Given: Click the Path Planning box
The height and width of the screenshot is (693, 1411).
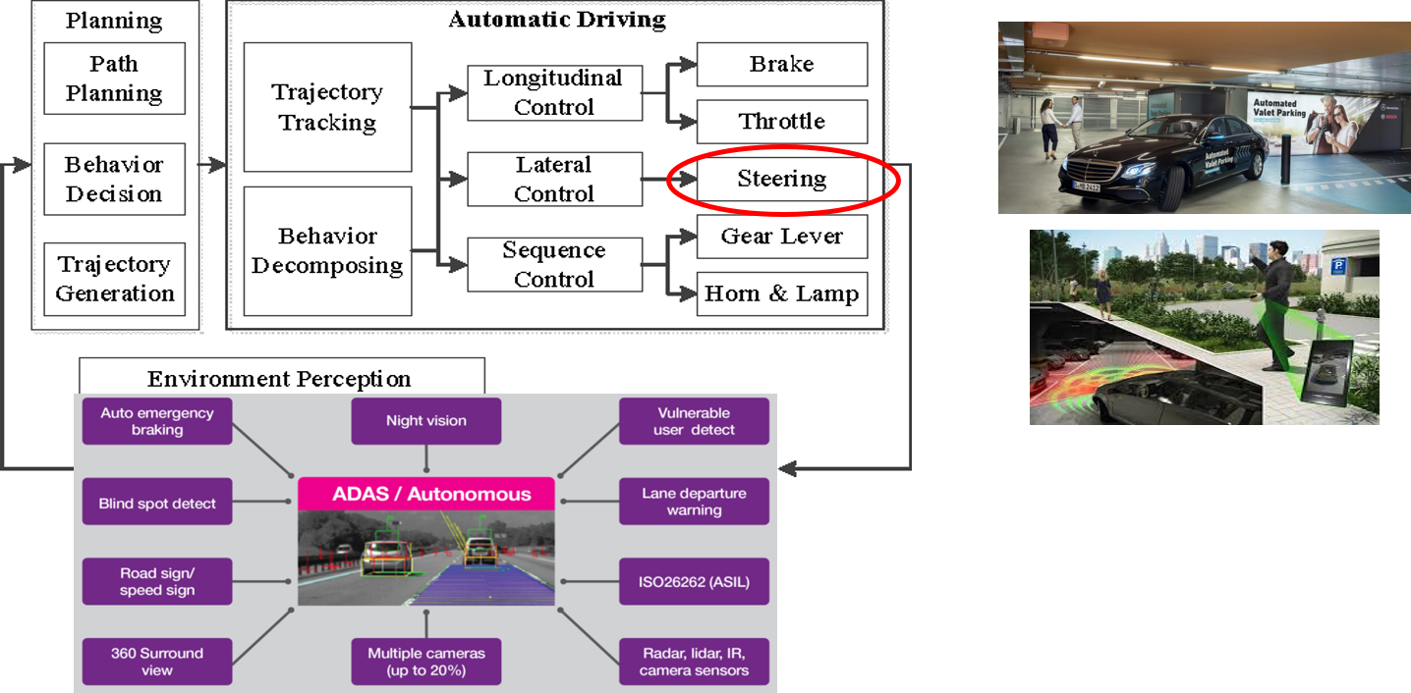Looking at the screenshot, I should coord(114,79).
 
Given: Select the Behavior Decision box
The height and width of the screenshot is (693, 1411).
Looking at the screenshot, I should coord(114,179).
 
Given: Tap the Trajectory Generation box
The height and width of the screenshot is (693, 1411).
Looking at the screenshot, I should coord(114,279).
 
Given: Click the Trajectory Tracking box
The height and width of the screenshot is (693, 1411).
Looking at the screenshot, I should coord(326,107).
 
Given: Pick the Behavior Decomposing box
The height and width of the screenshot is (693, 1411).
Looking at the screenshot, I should coord(326,250).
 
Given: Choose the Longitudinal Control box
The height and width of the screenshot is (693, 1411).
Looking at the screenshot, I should coord(554,92).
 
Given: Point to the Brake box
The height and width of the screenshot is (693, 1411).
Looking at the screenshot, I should coord(781,64).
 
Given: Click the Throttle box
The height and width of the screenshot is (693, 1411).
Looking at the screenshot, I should coord(781,121).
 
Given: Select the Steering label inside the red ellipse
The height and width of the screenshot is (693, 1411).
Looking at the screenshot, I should coord(781,179).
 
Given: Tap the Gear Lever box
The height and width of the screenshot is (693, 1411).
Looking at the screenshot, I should coord(781,237).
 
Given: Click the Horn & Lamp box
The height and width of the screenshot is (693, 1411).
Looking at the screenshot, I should coord(781,293).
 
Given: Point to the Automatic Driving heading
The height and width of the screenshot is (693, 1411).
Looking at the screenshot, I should coord(556,20).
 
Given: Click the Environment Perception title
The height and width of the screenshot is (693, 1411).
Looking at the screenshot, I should coord(280,379).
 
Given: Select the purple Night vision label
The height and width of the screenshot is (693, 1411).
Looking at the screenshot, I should coord(425,421).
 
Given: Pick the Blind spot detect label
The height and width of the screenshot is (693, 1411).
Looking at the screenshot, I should coord(157,504).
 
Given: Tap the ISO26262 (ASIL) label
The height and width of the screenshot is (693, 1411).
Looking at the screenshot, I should coord(694,582).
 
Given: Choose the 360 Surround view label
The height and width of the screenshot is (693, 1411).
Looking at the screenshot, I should coord(157,662).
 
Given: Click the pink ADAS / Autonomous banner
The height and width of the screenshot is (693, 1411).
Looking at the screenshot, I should coord(425,494).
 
